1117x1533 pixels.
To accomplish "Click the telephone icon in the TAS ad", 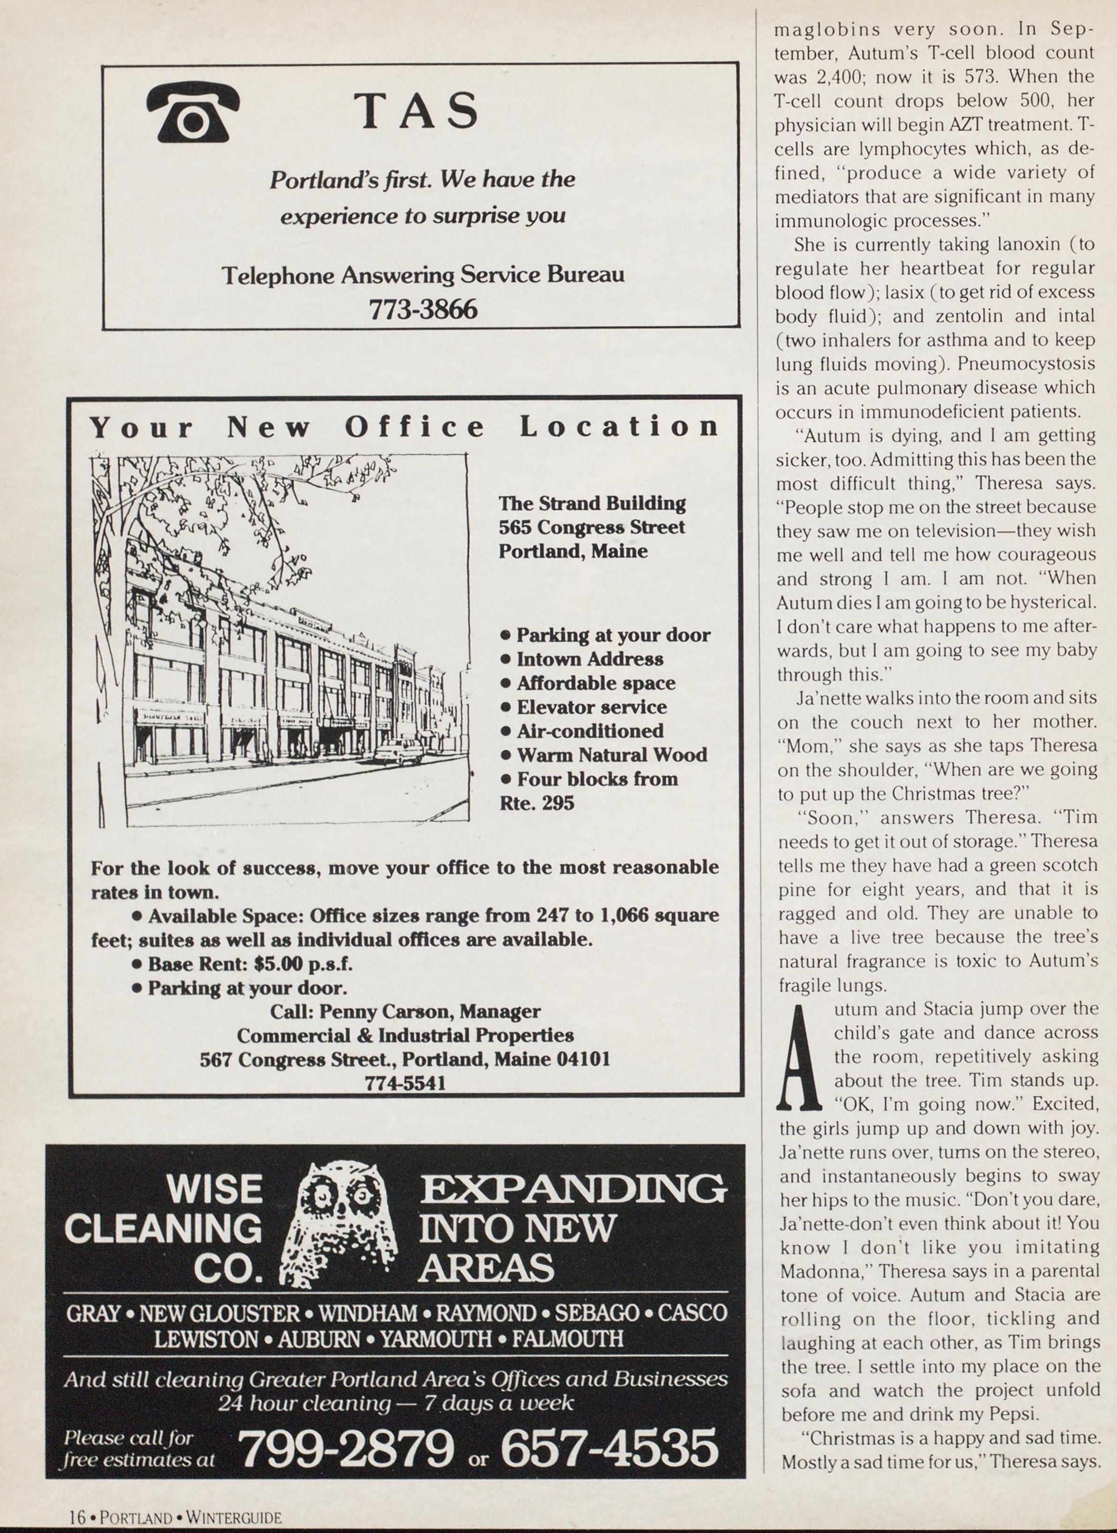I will pyautogui.click(x=193, y=112).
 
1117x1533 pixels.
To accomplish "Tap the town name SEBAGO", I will pyautogui.click(x=596, y=1313).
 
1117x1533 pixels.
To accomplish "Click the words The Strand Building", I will pyautogui.click(x=592, y=503).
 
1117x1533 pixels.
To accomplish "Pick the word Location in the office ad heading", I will pyautogui.click(x=619, y=427).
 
